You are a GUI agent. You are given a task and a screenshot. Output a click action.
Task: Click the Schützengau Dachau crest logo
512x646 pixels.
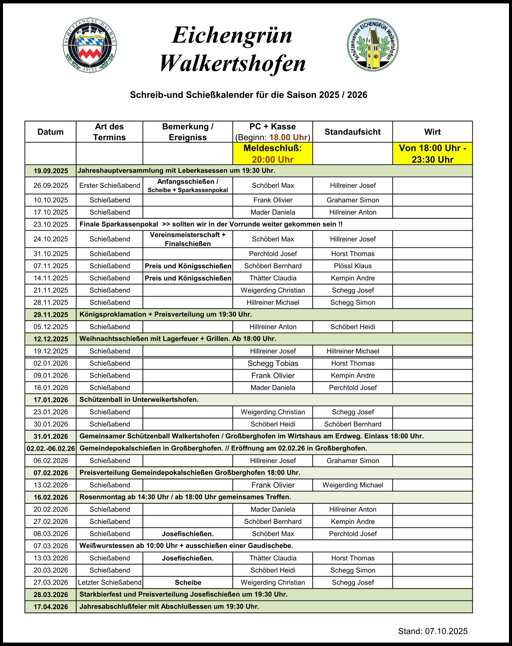(x=90, y=45)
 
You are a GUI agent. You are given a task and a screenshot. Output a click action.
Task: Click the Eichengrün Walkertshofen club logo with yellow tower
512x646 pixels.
(x=373, y=44)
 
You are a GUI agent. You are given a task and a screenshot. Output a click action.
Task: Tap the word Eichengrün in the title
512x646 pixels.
(x=232, y=35)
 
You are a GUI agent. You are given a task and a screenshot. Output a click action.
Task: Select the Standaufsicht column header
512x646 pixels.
(x=352, y=132)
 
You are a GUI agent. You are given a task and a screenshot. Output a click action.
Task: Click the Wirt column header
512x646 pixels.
(x=432, y=132)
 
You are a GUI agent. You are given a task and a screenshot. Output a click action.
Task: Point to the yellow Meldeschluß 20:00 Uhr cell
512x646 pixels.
(x=272, y=154)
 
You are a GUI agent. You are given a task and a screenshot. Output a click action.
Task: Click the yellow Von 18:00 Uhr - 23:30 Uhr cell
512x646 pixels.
(x=432, y=154)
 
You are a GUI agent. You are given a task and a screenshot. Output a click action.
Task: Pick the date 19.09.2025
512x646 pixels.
(x=51, y=171)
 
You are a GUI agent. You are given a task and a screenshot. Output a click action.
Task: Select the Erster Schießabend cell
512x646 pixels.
(x=110, y=185)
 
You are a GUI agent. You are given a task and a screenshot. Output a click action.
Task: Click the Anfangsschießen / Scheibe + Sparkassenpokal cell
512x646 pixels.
(x=188, y=186)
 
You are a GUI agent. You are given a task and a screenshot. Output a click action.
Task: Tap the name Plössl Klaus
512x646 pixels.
(x=352, y=266)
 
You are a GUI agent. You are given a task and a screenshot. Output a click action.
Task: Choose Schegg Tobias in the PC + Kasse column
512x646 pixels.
(x=273, y=364)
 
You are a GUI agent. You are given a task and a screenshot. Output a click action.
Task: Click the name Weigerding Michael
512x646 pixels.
(x=352, y=485)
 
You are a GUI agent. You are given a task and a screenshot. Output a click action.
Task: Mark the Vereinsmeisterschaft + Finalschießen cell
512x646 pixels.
(x=188, y=239)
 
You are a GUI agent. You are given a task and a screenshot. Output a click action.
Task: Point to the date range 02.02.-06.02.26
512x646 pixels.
(x=51, y=448)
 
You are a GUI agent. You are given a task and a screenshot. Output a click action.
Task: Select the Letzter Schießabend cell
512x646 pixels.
(x=110, y=582)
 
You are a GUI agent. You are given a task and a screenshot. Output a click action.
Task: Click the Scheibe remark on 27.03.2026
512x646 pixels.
(x=188, y=582)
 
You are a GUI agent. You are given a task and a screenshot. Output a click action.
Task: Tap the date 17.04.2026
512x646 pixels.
(x=51, y=607)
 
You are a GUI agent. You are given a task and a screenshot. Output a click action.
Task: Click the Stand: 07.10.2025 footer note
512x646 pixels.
(x=432, y=631)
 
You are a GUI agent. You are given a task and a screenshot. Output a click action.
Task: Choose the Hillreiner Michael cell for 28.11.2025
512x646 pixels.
(x=273, y=303)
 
